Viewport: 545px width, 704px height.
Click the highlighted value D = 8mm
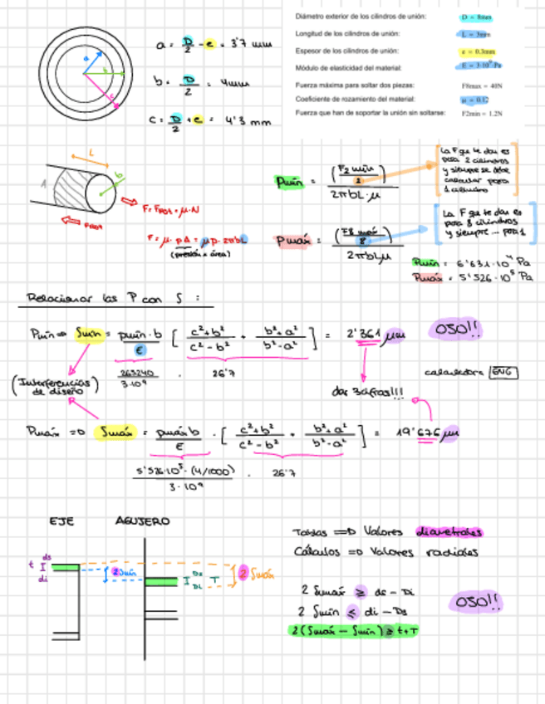(x=476, y=17)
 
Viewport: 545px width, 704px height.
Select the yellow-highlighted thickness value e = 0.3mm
(x=476, y=51)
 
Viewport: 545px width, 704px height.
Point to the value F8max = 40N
(x=476, y=86)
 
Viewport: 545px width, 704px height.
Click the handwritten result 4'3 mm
(x=248, y=121)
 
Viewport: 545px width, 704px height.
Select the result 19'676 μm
(x=428, y=433)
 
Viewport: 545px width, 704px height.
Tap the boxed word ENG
(x=503, y=373)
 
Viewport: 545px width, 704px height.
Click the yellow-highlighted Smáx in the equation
(x=115, y=433)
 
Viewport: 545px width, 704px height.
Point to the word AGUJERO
(x=142, y=521)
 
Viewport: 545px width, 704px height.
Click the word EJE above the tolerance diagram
(x=63, y=521)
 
